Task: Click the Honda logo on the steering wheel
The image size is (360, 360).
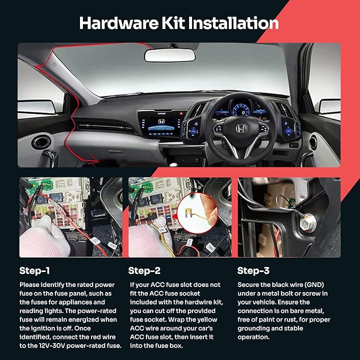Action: click(241, 128)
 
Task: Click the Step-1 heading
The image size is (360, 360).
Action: click(34, 271)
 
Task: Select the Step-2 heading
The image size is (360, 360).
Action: click(144, 271)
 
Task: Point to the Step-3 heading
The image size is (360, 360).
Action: click(253, 271)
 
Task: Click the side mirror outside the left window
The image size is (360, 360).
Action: click(36, 106)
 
